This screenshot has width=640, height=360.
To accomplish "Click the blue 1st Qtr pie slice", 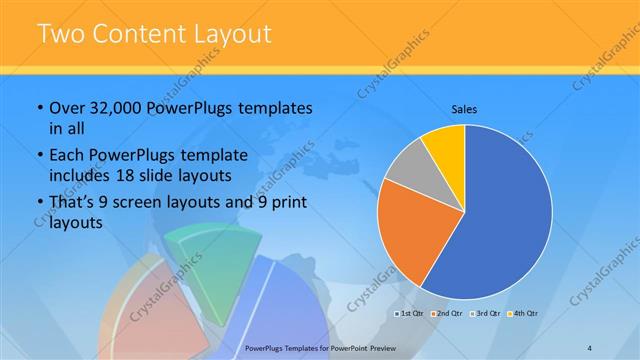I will coord(500,220).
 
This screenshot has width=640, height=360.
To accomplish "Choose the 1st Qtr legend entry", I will coord(413,315).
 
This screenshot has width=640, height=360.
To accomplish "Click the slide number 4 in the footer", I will coord(589,347).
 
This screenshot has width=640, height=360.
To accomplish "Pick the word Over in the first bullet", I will coord(67,108).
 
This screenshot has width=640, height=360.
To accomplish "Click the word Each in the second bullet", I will coord(67,154).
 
